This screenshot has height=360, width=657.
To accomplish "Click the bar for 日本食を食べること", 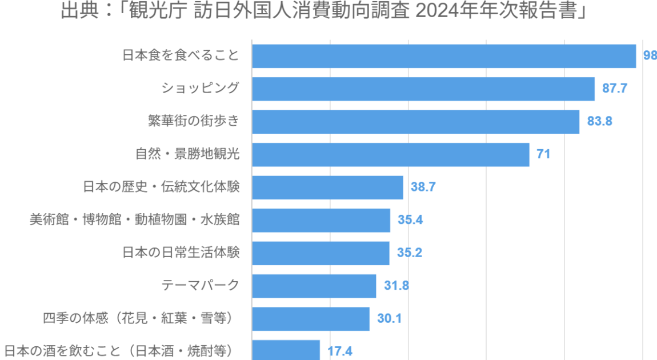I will (444, 56).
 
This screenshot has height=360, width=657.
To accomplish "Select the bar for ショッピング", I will (423, 89).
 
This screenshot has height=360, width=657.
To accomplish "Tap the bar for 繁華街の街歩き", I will (415, 122).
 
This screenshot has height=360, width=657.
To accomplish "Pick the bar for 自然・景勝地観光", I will (391, 154).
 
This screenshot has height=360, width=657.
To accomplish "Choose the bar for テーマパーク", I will (314, 286).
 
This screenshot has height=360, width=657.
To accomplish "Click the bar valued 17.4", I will (286, 350).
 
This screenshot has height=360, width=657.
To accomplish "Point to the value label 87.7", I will (615, 89).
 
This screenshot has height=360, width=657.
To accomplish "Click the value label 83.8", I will (600, 122).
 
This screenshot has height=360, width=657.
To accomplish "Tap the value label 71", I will (543, 154).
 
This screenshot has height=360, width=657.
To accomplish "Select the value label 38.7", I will (423, 187).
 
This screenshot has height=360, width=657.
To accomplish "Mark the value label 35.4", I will (410, 220).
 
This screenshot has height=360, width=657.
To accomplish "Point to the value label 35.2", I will (410, 253).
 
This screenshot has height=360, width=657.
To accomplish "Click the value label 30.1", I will (390, 318).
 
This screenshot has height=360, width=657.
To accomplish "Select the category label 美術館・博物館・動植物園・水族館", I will (135, 220).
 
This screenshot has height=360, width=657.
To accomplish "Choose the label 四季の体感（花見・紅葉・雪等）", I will (141, 318).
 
